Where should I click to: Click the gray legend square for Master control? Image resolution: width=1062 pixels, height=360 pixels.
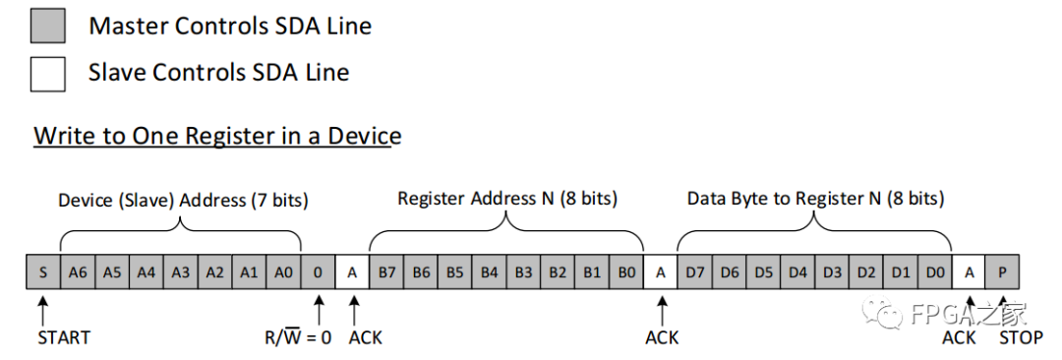tap(48, 26)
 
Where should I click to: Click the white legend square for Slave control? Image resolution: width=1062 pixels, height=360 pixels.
tap(48, 73)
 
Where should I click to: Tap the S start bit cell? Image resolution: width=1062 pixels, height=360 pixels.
tap(42, 272)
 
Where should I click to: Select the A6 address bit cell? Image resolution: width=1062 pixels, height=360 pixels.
tap(77, 272)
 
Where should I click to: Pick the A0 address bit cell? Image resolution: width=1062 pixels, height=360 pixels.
tap(283, 272)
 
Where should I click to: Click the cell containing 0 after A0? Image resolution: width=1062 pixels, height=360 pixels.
tap(318, 272)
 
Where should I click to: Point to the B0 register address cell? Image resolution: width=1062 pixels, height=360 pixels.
tap(626, 272)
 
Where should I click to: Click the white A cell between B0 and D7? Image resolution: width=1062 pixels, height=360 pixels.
tap(661, 272)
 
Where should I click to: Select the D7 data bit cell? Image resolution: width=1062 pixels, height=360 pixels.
tap(695, 272)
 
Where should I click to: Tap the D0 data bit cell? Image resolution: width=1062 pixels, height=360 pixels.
tap(935, 272)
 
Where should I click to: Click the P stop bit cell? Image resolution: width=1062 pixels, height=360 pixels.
tap(1003, 272)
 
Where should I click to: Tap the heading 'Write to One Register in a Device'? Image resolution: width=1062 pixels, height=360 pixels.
tap(217, 136)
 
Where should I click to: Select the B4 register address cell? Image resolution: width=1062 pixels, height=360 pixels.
tap(489, 272)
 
